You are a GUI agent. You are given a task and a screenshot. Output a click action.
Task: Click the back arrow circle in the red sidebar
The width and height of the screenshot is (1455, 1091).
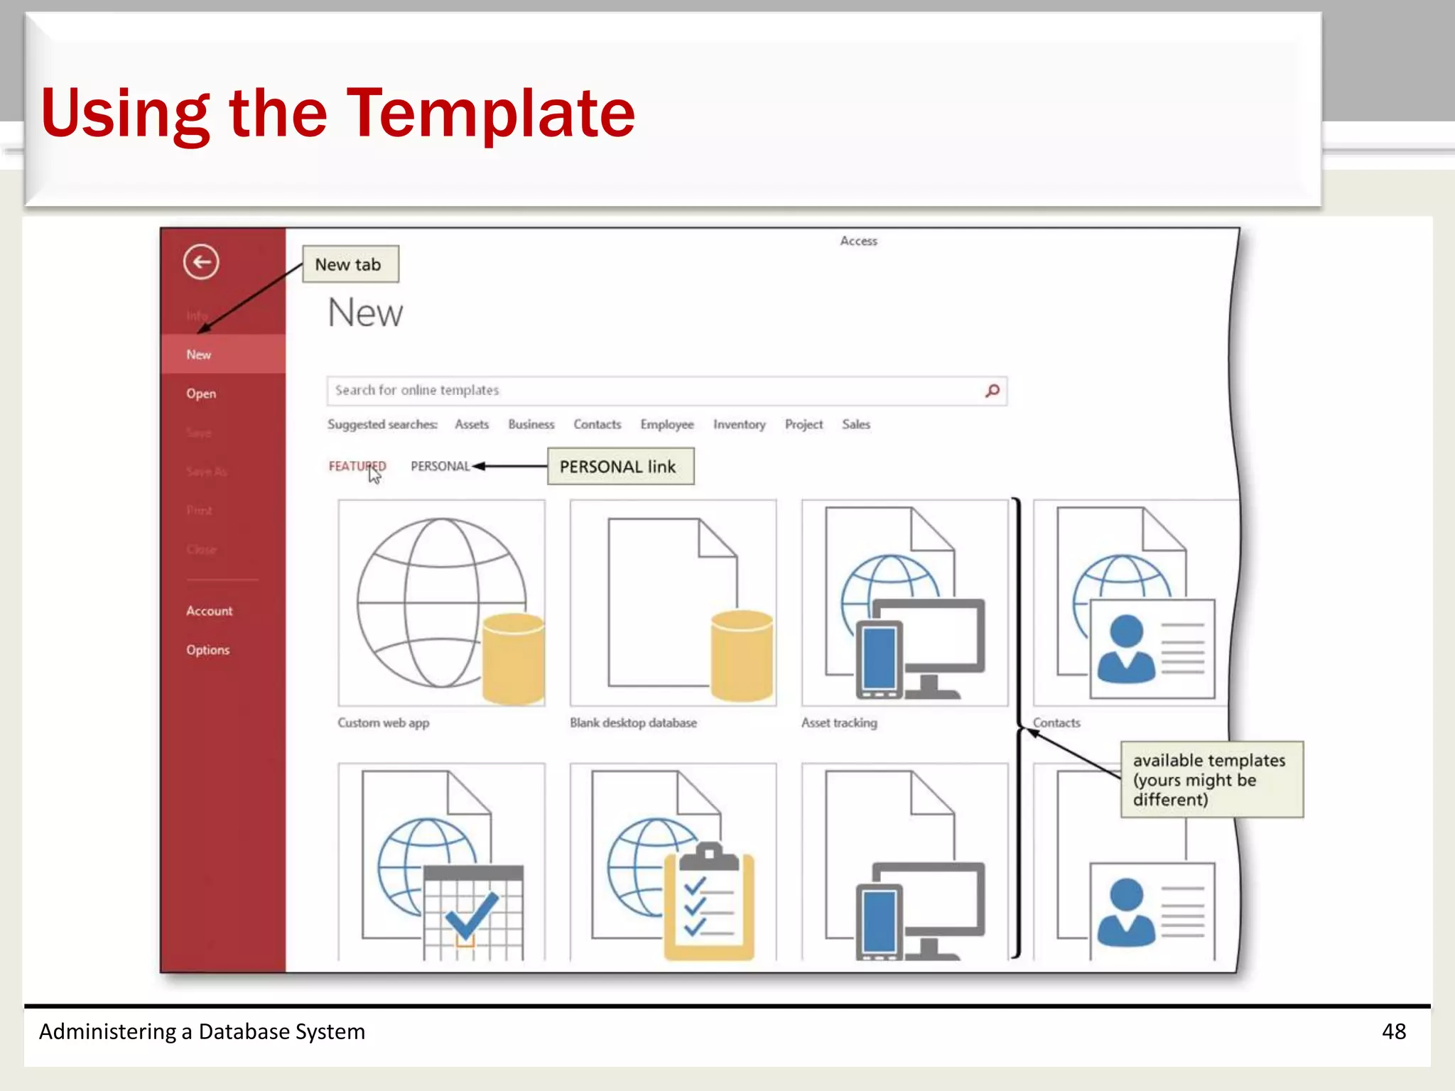[201, 262]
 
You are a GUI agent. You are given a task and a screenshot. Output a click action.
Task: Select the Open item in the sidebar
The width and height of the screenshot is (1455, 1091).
[201, 393]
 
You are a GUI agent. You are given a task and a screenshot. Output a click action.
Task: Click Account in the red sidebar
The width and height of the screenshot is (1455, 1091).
[209, 611]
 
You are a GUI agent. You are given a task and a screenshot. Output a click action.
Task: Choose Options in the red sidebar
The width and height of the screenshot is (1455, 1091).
[207, 650]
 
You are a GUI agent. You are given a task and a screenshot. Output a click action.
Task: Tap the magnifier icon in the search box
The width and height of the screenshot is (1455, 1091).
[992, 391]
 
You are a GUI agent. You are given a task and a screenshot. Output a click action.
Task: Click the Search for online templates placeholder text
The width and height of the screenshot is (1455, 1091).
[417, 391]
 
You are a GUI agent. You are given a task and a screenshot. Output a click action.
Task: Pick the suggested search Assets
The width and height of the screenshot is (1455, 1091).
[472, 425]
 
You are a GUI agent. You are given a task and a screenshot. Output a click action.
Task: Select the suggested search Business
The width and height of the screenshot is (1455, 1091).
[531, 425]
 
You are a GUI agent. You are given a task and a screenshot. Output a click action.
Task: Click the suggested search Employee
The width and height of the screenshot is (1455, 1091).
[666, 425]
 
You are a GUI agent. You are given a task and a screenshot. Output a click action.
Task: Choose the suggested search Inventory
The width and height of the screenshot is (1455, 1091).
[739, 425]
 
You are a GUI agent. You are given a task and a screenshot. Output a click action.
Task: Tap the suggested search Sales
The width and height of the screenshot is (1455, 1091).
[855, 425]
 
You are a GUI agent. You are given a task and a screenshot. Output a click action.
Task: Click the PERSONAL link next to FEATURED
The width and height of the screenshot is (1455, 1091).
[440, 467]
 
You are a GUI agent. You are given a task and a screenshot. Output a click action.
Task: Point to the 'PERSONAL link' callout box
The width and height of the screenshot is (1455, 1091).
[620, 467]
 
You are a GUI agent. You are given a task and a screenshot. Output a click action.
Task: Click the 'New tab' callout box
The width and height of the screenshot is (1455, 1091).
[350, 264]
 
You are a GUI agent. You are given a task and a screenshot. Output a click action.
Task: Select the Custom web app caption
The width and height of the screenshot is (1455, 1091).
[384, 723]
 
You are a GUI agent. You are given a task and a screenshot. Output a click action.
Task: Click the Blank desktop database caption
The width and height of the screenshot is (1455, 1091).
[633, 723]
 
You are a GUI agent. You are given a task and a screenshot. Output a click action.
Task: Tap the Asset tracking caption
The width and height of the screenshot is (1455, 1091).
[839, 723]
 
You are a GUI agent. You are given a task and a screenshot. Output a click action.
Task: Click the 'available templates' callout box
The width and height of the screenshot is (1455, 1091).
[1211, 780]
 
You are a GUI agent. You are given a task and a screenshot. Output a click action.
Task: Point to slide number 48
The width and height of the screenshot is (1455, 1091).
[1393, 1031]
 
